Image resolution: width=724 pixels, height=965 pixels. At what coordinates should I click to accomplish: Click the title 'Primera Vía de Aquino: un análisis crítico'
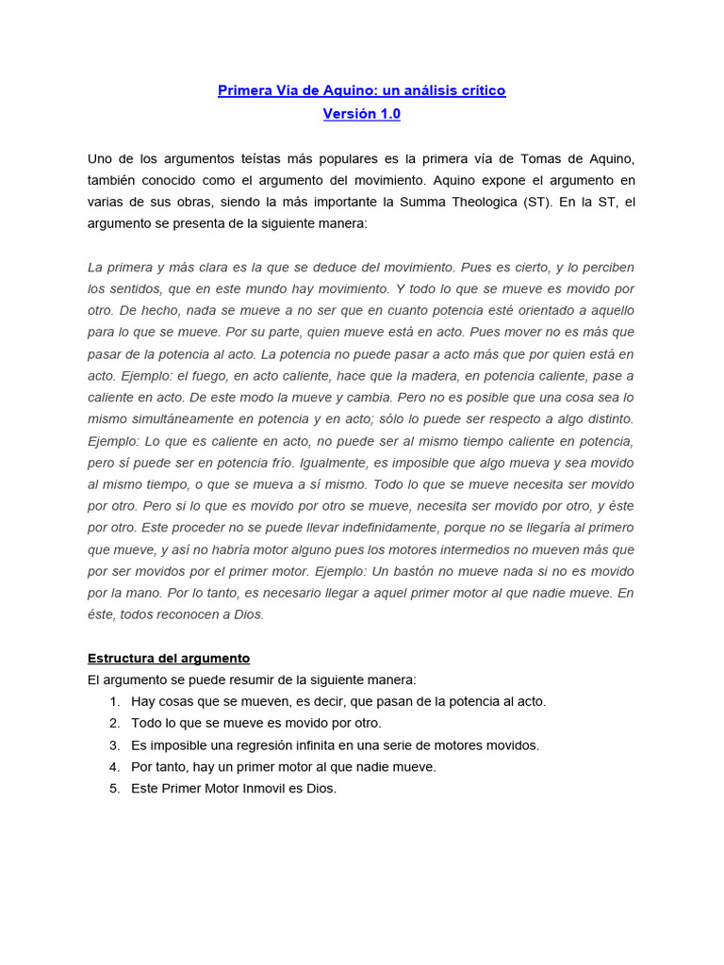pyautogui.click(x=362, y=90)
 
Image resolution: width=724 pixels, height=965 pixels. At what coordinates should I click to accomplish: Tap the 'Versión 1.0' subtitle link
pyautogui.click(x=362, y=114)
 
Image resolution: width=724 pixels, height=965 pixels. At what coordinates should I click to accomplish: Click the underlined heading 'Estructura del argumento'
pyautogui.click(x=169, y=659)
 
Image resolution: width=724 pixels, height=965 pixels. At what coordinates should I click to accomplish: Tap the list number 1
pyautogui.click(x=114, y=702)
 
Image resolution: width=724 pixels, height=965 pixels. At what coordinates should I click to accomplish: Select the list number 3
pyautogui.click(x=114, y=745)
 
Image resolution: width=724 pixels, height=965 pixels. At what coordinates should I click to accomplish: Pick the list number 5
pyautogui.click(x=114, y=789)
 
